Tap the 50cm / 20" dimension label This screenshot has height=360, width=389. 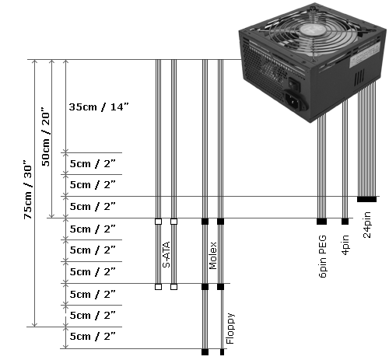pos(45,137)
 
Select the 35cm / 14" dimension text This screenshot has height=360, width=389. pos(99,107)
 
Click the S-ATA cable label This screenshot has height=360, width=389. pos(166,254)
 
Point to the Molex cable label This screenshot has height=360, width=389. pos(212,256)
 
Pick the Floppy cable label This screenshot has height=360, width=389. pos(230,329)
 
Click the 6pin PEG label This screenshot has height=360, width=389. pos(323,257)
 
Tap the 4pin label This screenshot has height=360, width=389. pos(345,245)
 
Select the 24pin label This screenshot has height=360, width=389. pos(367,225)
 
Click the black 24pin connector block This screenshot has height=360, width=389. pos(366,199)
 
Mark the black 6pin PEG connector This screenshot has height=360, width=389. pos(321,222)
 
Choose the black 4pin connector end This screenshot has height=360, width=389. pos(345,222)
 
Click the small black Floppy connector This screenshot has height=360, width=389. pos(222,352)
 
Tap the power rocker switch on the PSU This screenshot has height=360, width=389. pos(295,83)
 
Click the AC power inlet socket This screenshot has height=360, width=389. pos(296,100)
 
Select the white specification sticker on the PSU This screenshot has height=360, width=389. pos(365,55)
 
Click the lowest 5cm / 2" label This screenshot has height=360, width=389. pos(93,337)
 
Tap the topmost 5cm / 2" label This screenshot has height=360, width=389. pos(93,164)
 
